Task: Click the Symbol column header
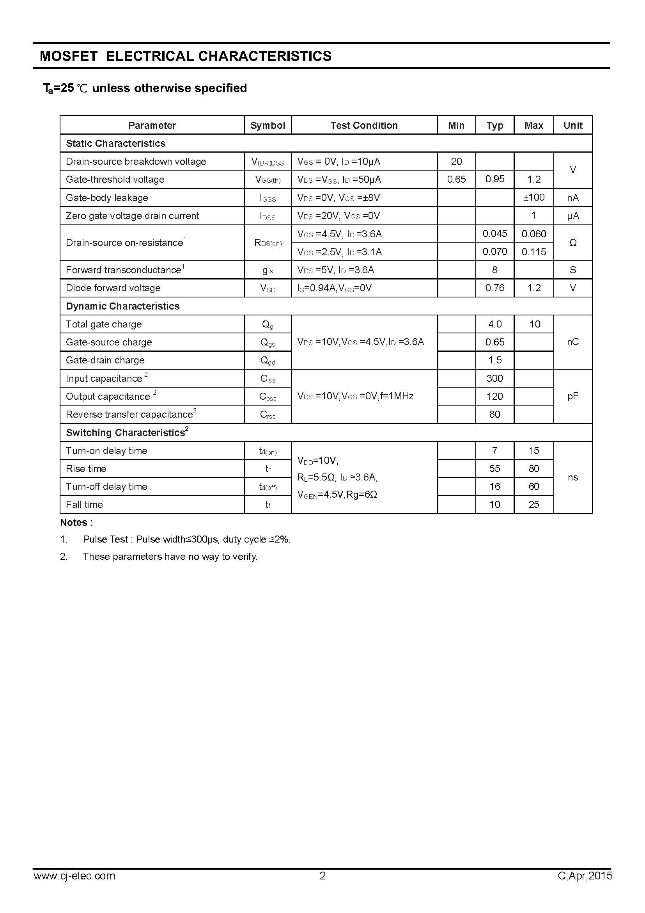267,125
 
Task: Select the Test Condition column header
364,125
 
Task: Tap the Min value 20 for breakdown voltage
456,161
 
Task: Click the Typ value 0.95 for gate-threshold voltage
494,179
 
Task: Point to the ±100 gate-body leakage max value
533,197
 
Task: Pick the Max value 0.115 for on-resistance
533,252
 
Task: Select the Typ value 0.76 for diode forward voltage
494,288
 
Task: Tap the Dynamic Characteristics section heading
122,306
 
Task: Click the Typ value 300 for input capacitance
494,378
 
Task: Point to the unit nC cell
572,342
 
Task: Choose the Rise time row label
86,468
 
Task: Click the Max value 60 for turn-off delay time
533,486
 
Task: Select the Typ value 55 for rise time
494,468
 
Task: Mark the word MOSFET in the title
68,56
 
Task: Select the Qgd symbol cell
267,360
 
